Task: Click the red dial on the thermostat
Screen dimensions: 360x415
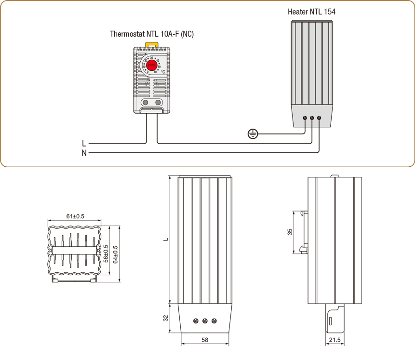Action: (x=151, y=66)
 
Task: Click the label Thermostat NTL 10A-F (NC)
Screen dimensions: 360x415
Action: (x=152, y=34)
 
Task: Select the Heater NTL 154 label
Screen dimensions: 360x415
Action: (x=312, y=12)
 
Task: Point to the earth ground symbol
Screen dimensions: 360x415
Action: (x=252, y=134)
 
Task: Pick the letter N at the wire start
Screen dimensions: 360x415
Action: (x=84, y=153)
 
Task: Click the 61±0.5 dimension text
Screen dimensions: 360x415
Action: (x=75, y=216)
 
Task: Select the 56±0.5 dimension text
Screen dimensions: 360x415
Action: (x=106, y=253)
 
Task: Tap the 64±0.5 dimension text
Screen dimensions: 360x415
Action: (x=115, y=253)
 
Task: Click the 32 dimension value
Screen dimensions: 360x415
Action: (x=166, y=319)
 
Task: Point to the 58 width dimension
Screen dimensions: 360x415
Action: (x=205, y=340)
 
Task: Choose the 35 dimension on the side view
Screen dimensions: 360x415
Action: (x=290, y=232)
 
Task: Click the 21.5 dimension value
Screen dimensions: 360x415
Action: (x=335, y=340)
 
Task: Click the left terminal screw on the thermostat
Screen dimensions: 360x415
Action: (x=146, y=102)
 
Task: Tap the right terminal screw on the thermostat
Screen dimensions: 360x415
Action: (x=158, y=102)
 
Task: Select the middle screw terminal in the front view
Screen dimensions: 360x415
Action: (x=205, y=320)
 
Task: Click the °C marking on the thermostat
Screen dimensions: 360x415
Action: (x=163, y=72)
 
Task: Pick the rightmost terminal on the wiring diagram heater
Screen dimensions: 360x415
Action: (x=319, y=118)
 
